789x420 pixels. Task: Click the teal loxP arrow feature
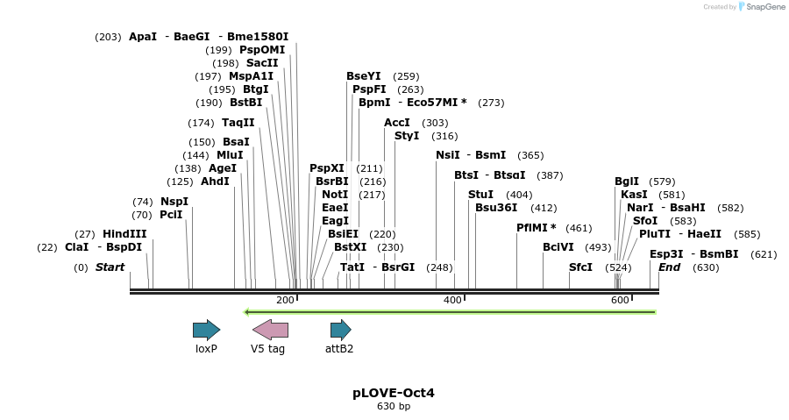pos(206,330)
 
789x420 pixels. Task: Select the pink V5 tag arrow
pos(270,330)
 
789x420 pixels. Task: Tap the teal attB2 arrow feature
pos(340,330)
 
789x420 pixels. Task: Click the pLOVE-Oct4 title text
pos(394,393)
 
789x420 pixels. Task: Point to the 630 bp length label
pos(394,407)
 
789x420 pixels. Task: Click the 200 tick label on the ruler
pos(285,301)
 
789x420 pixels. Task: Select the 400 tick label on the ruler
pos(452,301)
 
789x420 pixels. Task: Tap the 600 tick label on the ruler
pos(620,301)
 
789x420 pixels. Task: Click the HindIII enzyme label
pos(124,234)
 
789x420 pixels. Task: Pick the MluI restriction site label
pos(231,155)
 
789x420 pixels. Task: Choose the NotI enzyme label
pos(335,195)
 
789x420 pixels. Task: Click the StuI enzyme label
pos(481,195)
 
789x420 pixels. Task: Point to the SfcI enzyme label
pos(581,267)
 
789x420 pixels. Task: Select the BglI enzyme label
pos(627,182)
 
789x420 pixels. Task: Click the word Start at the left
pos(110,267)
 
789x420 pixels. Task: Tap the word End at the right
pos(670,267)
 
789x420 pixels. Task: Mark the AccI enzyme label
pos(397,123)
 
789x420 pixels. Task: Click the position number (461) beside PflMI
pos(579,228)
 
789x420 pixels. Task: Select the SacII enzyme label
pos(262,63)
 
